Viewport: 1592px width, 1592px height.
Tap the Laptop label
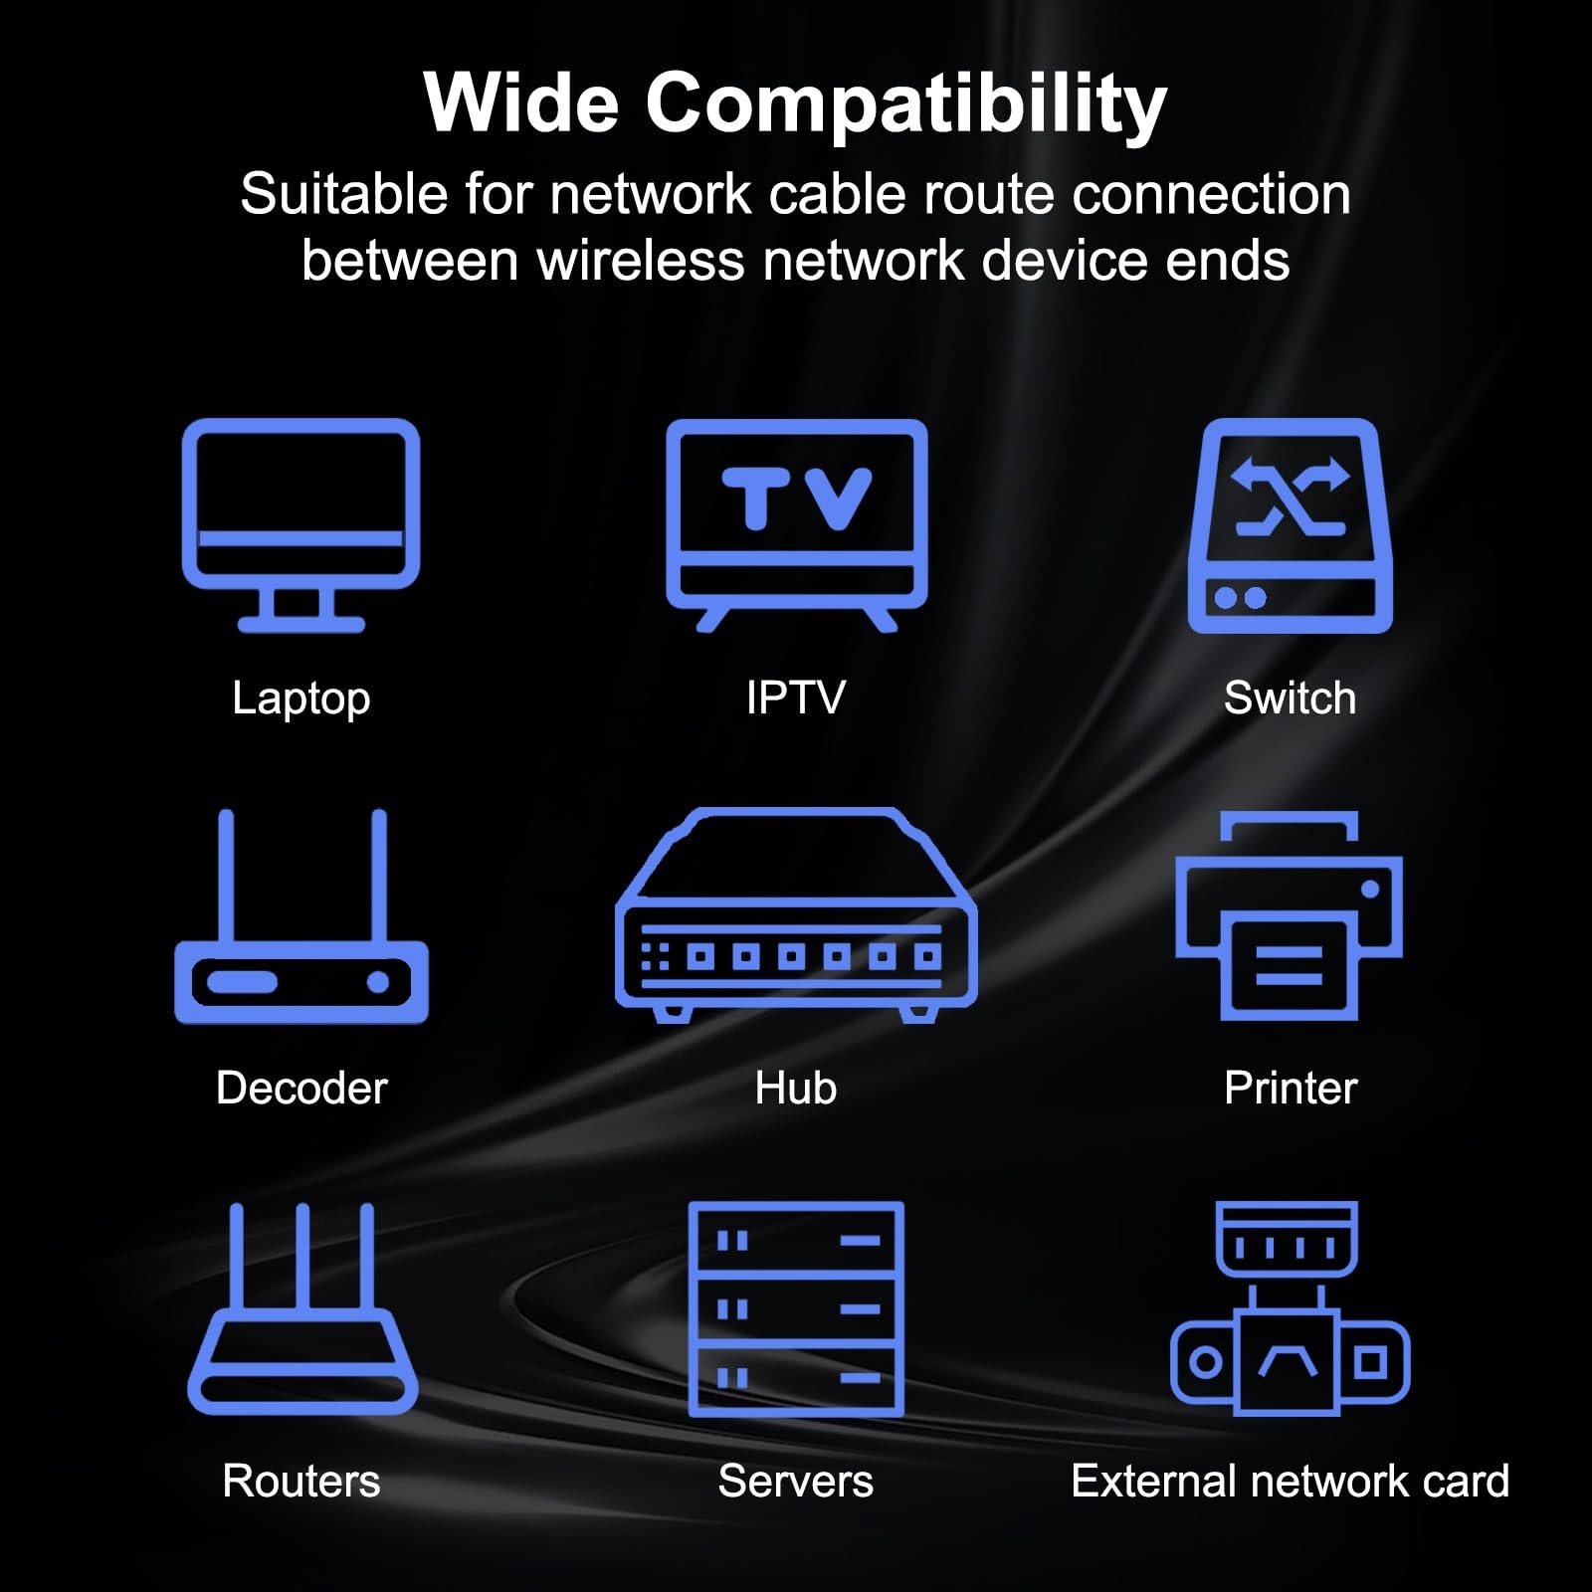point(301,698)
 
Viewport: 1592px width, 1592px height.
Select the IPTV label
point(796,697)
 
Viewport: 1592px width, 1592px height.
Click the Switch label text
point(1290,697)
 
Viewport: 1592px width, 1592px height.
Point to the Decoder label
point(301,1088)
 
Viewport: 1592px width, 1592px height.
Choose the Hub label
point(796,1088)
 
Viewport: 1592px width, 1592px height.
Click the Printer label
point(1291,1088)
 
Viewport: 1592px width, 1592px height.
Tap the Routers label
point(301,1481)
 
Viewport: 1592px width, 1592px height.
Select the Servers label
point(796,1481)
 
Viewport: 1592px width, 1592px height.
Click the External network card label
point(1290,1481)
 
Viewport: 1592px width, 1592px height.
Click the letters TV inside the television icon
point(797,497)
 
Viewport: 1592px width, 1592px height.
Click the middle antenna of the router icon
point(301,1258)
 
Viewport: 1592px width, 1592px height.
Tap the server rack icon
point(796,1308)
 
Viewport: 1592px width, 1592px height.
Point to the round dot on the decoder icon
point(378,982)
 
